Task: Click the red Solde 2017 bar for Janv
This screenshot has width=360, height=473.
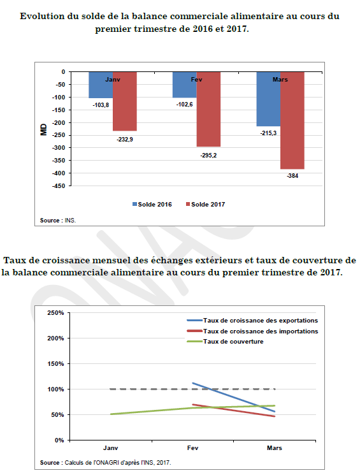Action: tap(124, 101)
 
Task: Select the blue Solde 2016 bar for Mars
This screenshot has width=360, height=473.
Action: tap(268, 99)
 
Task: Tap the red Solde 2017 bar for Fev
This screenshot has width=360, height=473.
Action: tap(208, 109)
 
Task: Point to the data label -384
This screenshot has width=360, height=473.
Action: tap(292, 176)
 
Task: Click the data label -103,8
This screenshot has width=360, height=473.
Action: tap(101, 105)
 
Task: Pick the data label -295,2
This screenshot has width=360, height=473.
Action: tap(208, 156)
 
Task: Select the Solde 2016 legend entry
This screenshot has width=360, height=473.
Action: tap(152, 205)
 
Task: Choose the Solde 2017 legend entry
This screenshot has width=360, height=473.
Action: tap(205, 205)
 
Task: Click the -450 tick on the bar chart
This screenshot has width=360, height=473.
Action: tap(59, 186)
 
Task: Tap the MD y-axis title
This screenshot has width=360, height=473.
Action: tap(44, 129)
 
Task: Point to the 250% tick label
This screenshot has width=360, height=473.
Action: tap(55, 313)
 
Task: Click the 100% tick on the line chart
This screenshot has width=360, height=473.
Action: tap(55, 389)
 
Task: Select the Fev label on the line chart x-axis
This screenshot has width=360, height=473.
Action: tap(192, 448)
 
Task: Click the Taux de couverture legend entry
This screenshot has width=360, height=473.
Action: tap(225, 342)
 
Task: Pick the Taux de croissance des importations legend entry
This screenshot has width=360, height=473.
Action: tap(252, 331)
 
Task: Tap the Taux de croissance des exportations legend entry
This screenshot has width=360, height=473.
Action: tap(252, 321)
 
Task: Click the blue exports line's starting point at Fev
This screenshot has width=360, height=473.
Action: tap(193, 383)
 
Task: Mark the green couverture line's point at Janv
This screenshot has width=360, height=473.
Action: tap(111, 414)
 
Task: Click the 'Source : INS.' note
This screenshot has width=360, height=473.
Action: tap(58, 221)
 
